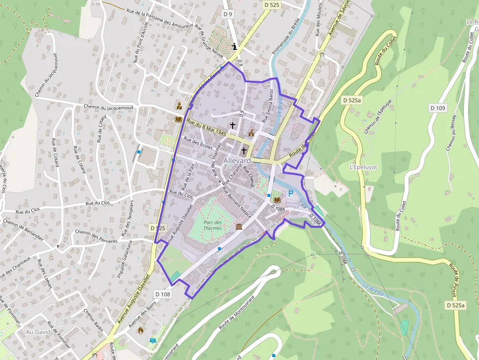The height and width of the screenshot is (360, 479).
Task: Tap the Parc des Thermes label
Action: (212, 225)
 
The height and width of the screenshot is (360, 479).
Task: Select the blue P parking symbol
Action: (291, 194)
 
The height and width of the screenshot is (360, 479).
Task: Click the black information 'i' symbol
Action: (235, 47)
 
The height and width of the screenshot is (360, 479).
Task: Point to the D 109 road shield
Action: (438, 107)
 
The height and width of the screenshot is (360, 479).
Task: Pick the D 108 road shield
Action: (163, 294)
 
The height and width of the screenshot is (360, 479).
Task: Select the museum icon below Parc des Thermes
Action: (239, 227)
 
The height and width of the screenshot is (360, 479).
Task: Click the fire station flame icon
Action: (141, 330)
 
